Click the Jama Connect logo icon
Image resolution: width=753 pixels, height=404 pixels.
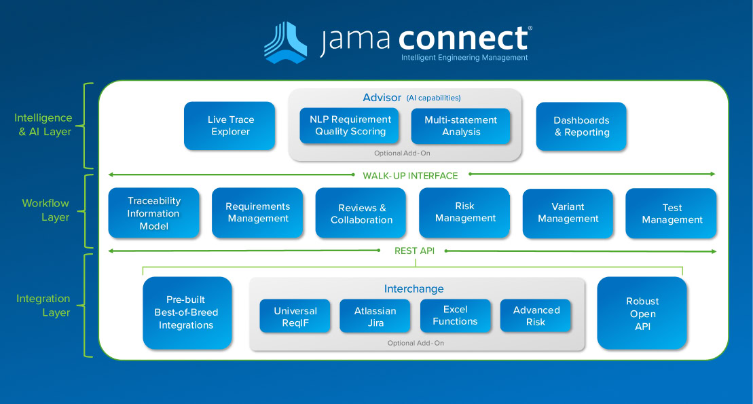tap(285, 42)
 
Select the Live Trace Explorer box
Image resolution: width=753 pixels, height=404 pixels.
tap(229, 126)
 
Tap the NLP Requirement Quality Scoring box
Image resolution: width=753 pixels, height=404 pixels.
tap(350, 126)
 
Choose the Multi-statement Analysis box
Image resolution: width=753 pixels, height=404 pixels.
tap(460, 126)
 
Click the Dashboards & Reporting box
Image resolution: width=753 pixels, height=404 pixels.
tap(581, 126)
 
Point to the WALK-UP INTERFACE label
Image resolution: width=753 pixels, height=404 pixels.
tap(410, 175)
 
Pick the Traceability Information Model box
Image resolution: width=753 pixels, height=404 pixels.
tap(154, 213)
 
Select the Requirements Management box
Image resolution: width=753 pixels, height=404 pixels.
tap(257, 213)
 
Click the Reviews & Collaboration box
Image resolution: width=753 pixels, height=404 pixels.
tap(361, 213)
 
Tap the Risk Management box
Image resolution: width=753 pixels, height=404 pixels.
tap(465, 213)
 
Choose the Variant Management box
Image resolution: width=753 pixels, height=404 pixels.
tap(568, 213)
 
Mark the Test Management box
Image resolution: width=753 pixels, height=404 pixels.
tap(672, 213)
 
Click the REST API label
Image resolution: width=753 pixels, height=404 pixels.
tap(414, 251)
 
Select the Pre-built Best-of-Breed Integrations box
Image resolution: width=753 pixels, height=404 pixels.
tap(187, 312)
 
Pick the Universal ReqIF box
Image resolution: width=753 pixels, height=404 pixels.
tap(295, 316)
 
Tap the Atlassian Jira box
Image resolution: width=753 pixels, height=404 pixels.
tap(375, 316)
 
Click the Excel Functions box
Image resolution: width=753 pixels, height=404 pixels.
tap(455, 316)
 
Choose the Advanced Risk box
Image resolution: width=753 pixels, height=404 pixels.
tap(536, 316)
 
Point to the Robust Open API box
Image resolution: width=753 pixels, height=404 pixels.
tap(642, 313)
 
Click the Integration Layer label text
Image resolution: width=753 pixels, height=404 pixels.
tap(43, 306)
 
